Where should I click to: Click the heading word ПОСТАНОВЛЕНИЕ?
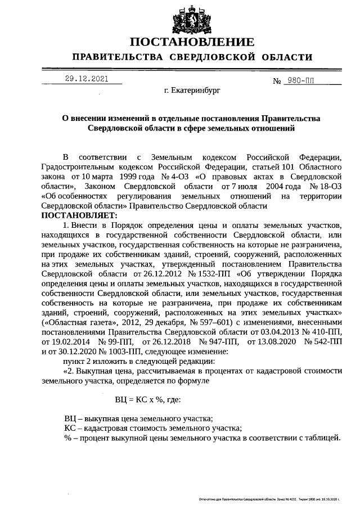192,42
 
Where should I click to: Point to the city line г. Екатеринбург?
192,89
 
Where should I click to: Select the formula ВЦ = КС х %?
148,400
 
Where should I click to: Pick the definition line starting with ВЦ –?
138,418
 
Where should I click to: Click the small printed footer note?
270,499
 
